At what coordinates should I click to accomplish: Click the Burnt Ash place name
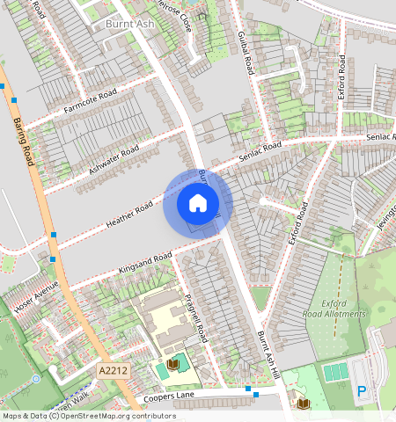(129, 24)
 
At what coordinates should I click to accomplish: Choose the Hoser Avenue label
(36, 296)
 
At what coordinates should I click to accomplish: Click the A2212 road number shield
(114, 370)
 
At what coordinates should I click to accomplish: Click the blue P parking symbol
(362, 390)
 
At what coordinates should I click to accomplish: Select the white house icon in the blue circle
(198, 204)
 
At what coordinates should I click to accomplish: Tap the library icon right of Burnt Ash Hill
(303, 404)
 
